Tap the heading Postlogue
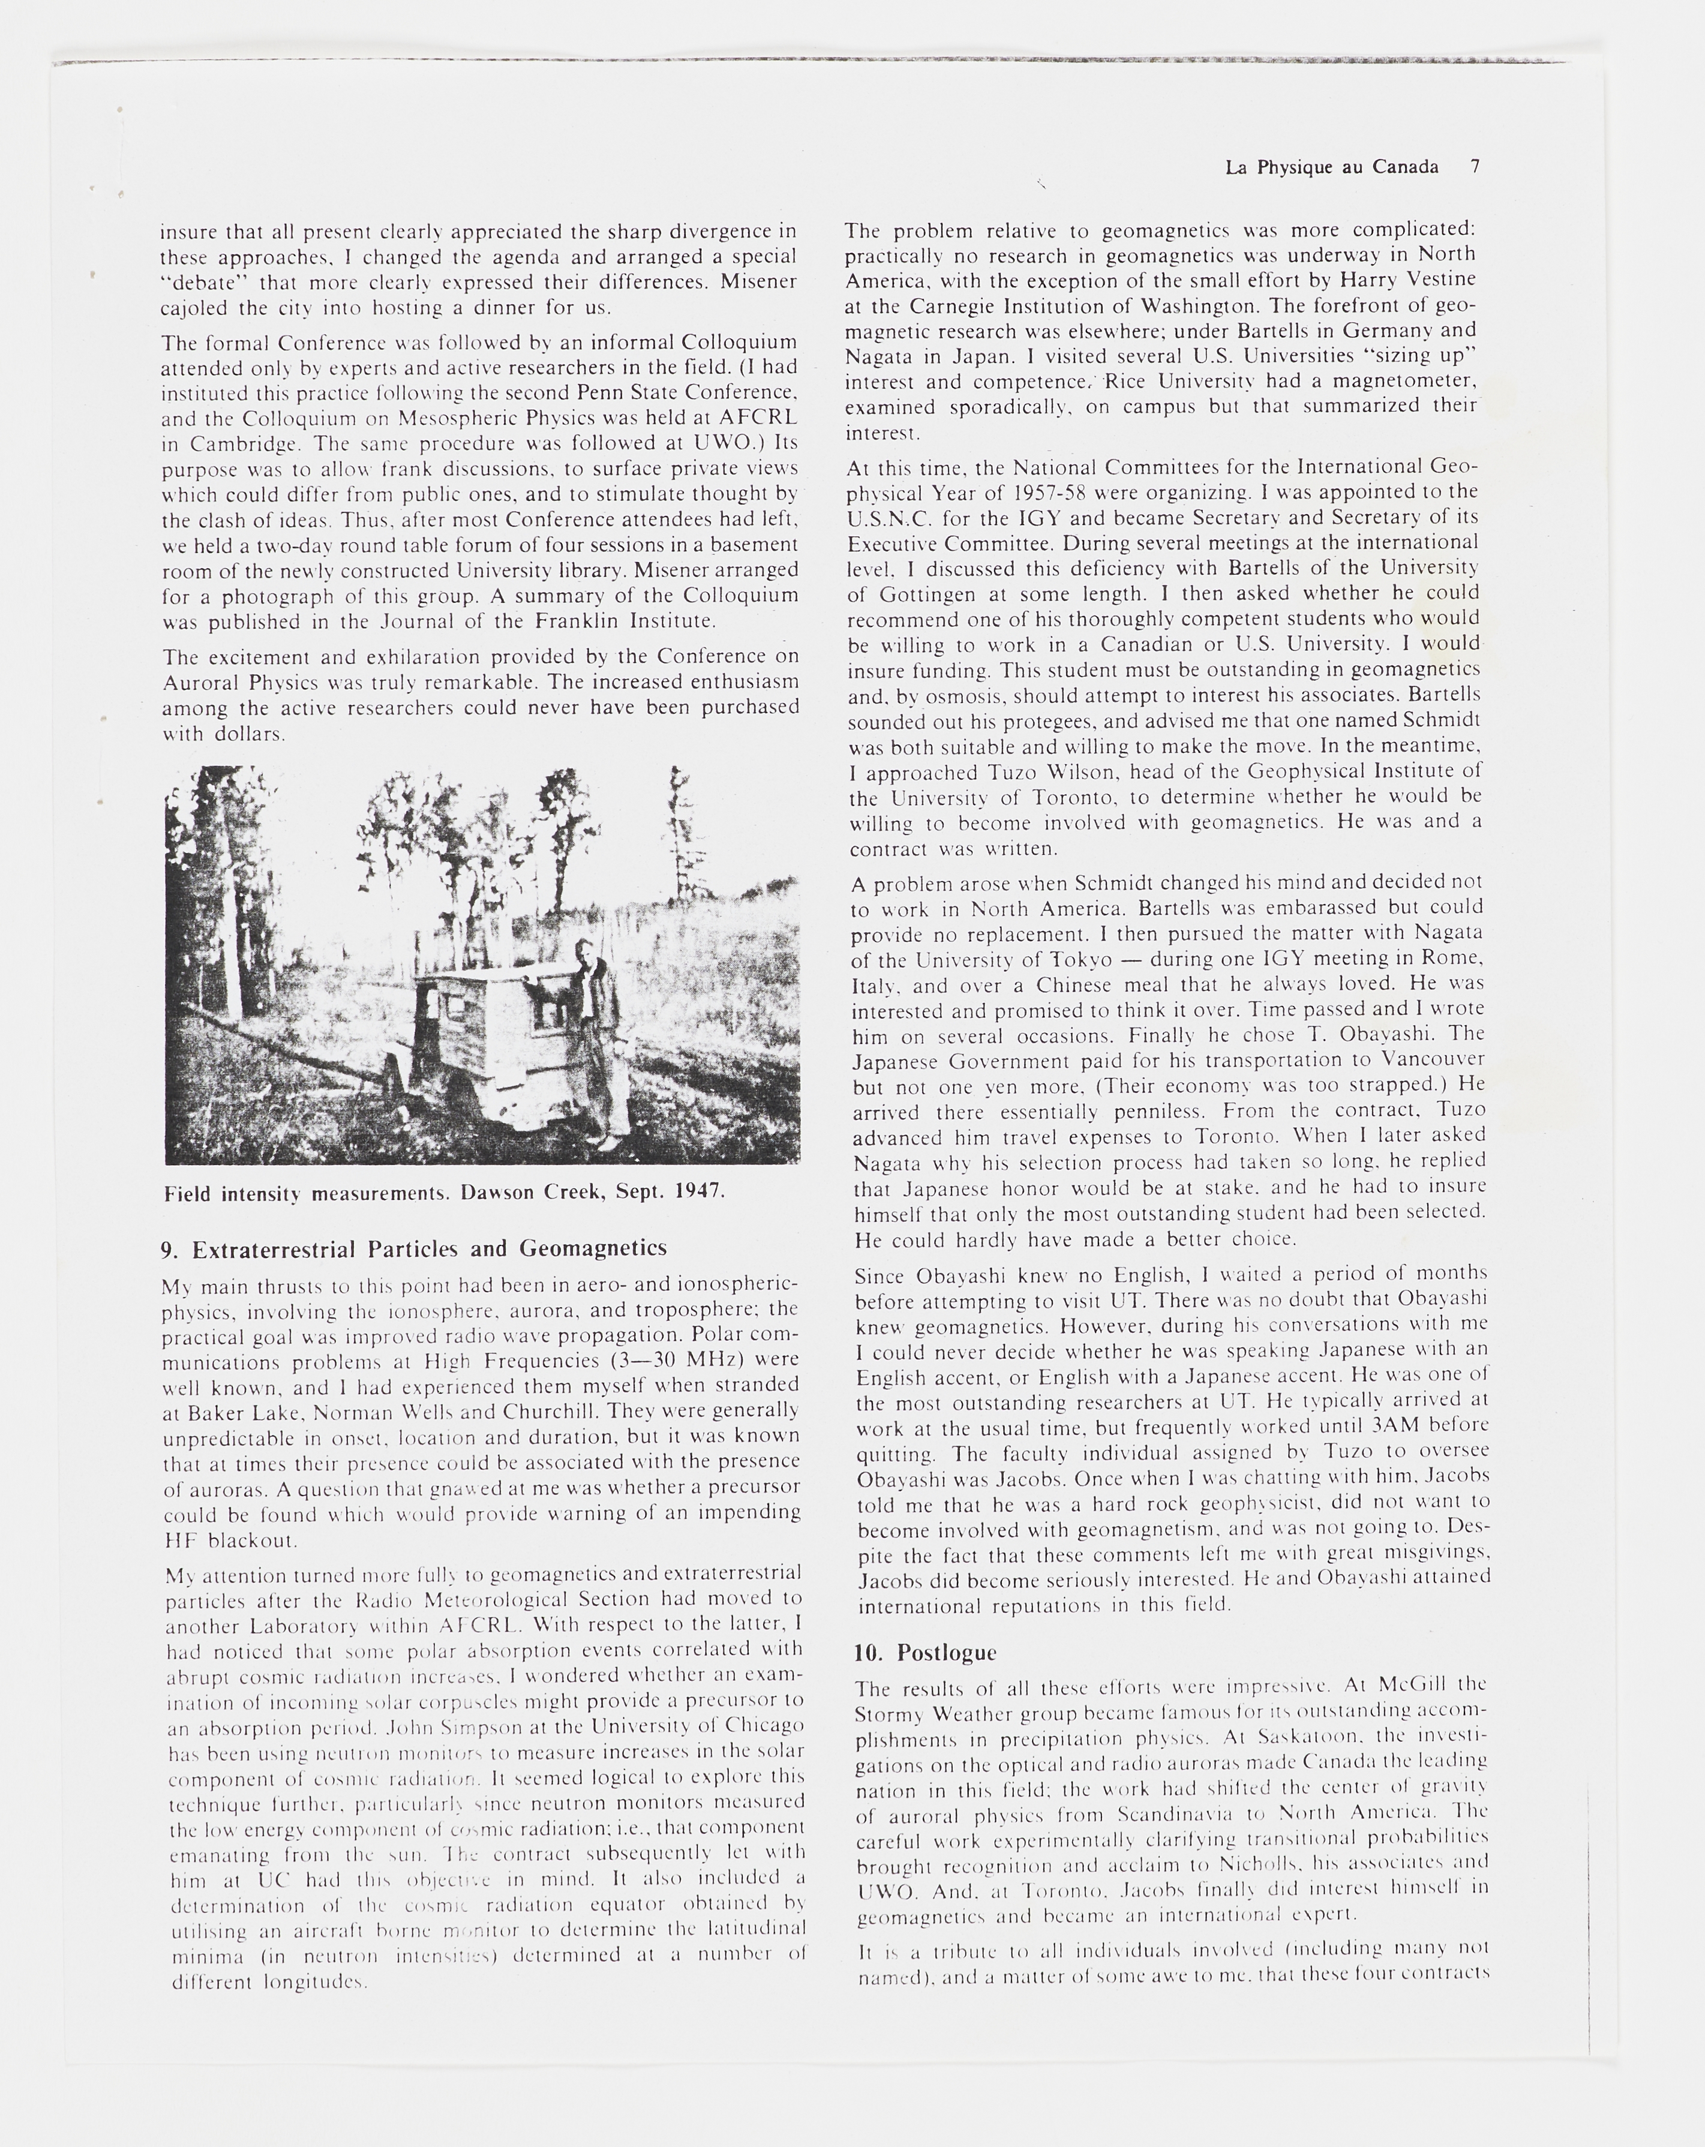point(946,1653)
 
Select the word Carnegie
point(957,306)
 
